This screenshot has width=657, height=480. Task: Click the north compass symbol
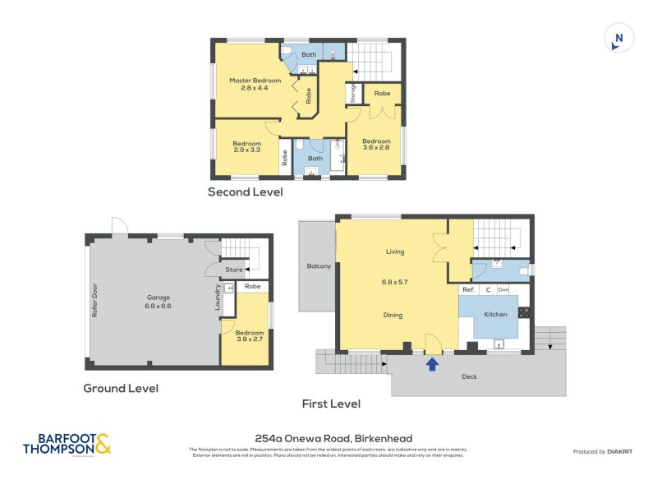click(619, 39)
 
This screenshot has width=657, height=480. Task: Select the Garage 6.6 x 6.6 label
click(159, 302)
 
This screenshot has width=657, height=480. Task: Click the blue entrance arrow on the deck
click(430, 362)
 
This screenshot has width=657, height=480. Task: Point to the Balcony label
click(319, 265)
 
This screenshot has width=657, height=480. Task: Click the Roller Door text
click(95, 302)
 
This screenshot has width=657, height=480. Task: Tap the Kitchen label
click(495, 314)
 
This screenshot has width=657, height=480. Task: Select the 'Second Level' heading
click(245, 192)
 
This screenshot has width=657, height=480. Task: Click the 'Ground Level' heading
click(121, 388)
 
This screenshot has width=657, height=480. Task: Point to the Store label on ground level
click(234, 269)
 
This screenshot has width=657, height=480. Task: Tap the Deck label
click(469, 376)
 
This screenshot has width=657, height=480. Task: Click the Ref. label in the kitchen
click(468, 289)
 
